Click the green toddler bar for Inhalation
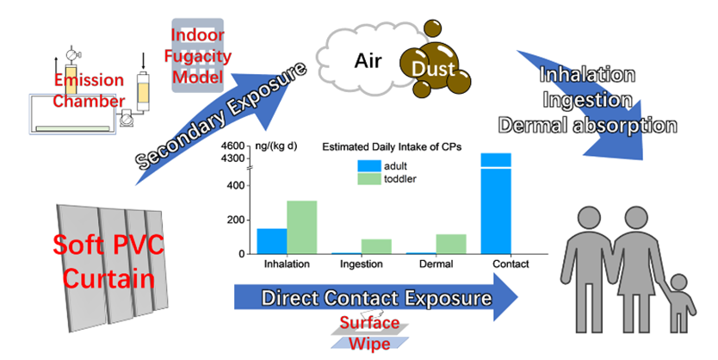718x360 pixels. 302,227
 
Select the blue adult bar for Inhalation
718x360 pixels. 272,241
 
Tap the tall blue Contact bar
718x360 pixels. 496,203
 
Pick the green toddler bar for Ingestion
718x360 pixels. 376,246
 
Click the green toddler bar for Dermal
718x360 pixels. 451,244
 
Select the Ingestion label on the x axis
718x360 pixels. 362,264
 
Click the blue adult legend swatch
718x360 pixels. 369,166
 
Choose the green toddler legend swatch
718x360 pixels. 369,178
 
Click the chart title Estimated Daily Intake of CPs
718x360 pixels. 392,147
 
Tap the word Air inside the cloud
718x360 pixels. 368,61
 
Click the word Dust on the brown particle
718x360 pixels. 433,69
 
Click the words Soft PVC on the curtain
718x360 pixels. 108,245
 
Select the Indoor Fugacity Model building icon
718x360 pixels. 197,55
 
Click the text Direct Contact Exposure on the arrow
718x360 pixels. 376,298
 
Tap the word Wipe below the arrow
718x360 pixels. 369,344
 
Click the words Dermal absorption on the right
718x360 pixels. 587,126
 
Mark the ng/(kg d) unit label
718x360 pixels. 276,146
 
